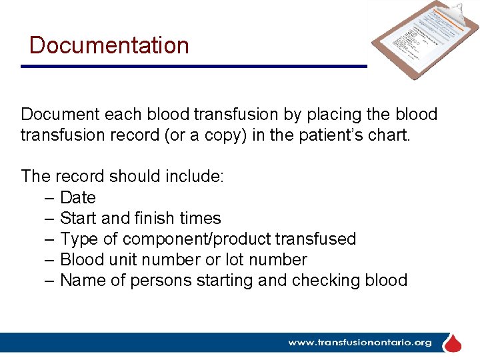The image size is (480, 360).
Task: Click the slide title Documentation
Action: [x=109, y=45]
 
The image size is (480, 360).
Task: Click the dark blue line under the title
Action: [x=193, y=66]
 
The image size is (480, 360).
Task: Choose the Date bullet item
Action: [x=78, y=197]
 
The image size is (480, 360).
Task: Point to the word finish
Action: [x=154, y=218]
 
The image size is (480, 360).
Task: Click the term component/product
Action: [x=193, y=239]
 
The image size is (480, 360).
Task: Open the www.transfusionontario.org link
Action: [x=360, y=343]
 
